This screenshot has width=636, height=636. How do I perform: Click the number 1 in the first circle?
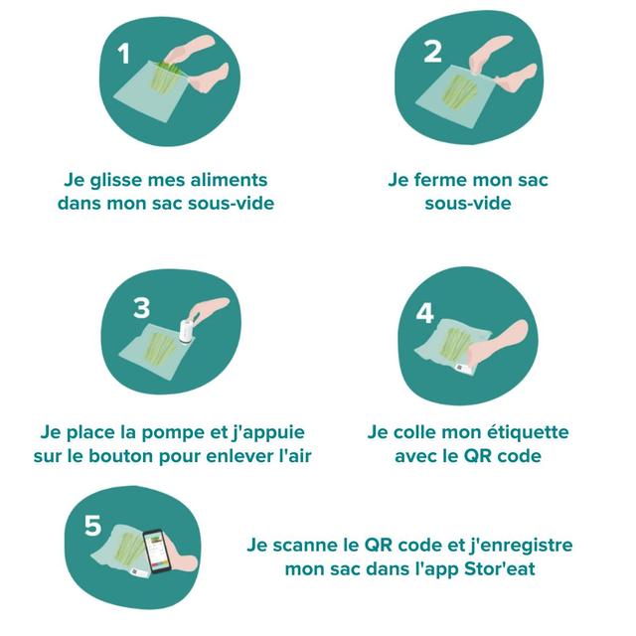[x=123, y=55]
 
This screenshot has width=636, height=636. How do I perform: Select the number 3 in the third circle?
[x=142, y=308]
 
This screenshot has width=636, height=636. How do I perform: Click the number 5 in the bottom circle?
[x=92, y=525]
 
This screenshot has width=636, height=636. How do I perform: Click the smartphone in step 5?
[x=157, y=551]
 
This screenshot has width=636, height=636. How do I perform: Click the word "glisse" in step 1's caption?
[x=116, y=180]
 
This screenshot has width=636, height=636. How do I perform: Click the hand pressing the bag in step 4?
[x=507, y=344]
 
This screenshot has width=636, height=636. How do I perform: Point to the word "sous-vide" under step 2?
[x=468, y=204]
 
